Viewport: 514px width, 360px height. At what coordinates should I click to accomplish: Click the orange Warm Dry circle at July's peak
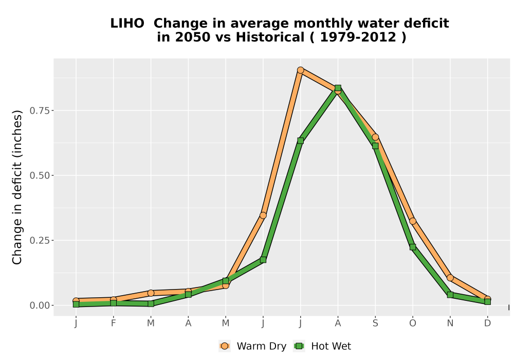[300, 70]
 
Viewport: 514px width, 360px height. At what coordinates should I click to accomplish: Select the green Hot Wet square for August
[338, 88]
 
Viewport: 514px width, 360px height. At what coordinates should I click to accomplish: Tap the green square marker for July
[300, 140]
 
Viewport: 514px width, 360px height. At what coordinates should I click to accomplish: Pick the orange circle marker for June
[263, 215]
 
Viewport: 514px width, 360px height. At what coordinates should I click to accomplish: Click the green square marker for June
[263, 260]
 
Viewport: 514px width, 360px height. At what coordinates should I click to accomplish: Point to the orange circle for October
[413, 221]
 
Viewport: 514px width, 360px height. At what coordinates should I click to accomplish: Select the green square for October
[413, 247]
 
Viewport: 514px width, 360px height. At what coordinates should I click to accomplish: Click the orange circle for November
[450, 278]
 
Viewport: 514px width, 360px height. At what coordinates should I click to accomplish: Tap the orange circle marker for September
[375, 137]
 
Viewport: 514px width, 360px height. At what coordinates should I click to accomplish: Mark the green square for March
[151, 303]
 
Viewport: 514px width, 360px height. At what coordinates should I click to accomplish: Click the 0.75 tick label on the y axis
[40, 111]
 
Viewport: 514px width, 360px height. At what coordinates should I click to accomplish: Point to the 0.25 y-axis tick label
[40, 241]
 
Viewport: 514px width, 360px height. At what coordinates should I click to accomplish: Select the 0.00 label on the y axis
[40, 305]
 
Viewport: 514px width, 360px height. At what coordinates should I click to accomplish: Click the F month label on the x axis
[114, 323]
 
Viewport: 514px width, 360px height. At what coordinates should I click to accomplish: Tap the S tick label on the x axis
[375, 323]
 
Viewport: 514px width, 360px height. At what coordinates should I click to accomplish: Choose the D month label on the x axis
[487, 323]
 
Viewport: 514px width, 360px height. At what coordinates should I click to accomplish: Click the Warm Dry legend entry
[253, 346]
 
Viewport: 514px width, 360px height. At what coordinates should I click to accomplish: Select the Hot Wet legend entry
[322, 346]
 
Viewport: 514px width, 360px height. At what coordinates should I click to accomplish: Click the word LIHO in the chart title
[127, 24]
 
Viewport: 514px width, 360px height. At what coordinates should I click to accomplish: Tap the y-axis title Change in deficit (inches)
[17, 188]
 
